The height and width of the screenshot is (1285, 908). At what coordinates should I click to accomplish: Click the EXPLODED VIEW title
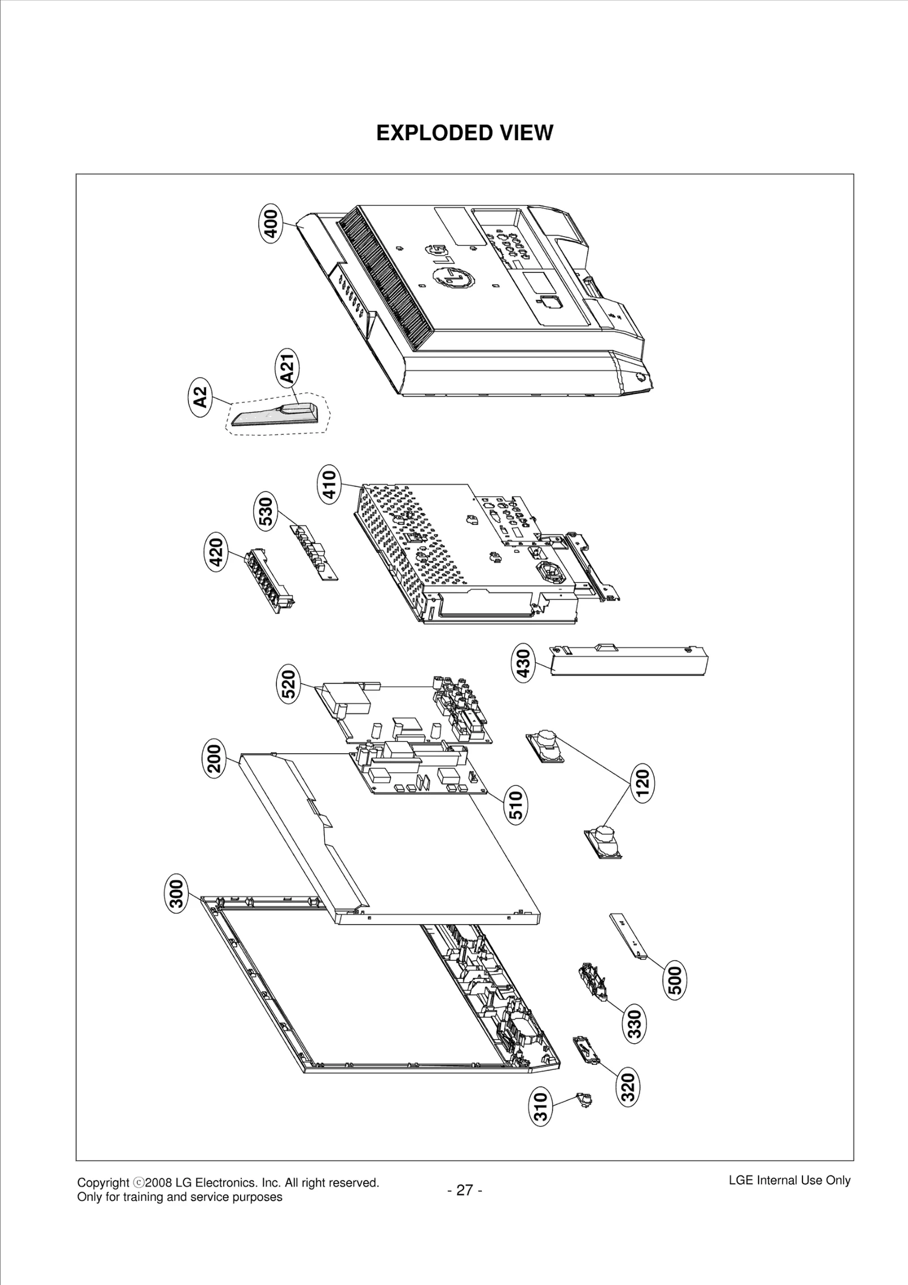(464, 133)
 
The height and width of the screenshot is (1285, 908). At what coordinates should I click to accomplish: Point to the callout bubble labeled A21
(288, 368)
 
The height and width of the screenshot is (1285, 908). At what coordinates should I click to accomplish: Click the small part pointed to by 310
(585, 1099)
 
